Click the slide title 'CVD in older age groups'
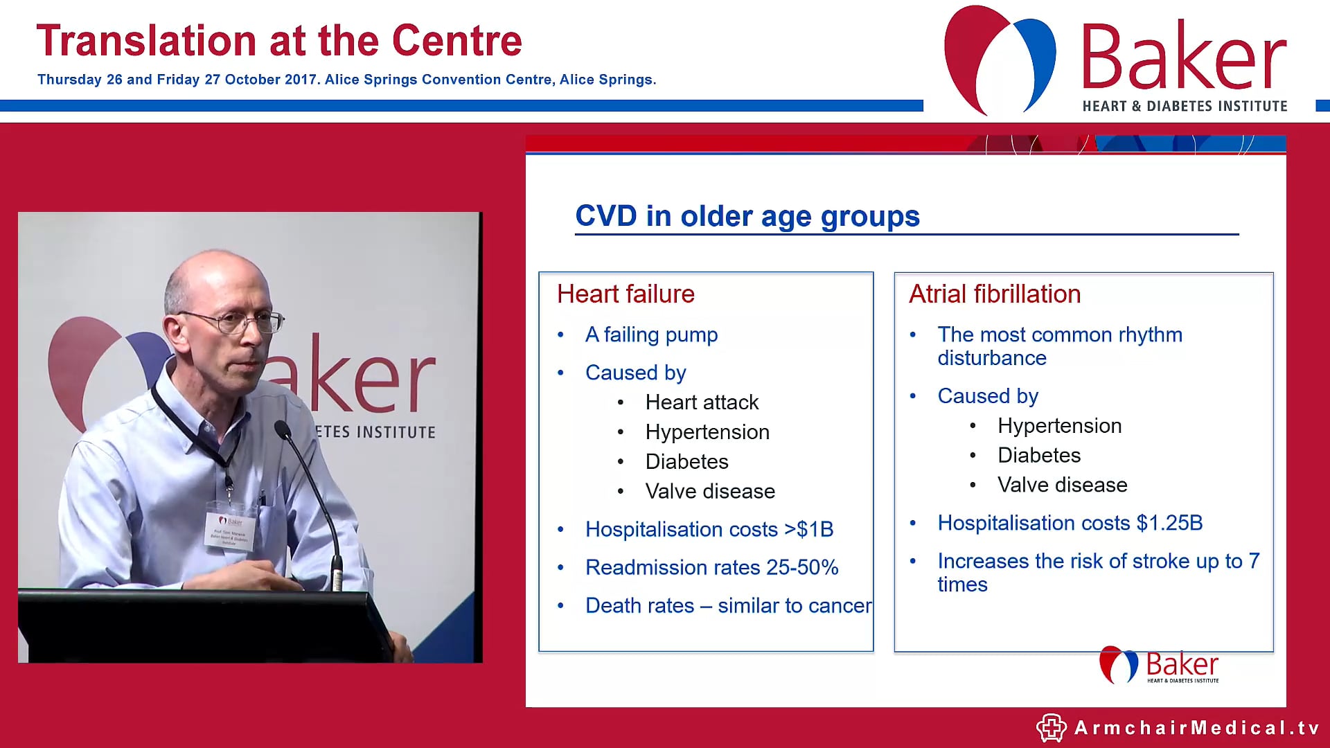(747, 216)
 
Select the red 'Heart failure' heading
(625, 294)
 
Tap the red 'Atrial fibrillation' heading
(994, 294)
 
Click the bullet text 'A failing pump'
(651, 335)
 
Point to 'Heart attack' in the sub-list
(702, 402)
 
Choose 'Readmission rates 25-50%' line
(711, 568)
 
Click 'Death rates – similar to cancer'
(727, 606)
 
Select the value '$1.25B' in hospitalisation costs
(1169, 523)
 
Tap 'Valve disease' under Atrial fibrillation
(1062, 485)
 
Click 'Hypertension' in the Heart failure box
(707, 432)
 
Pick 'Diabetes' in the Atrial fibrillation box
(1038, 456)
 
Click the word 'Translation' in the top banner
(146, 42)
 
